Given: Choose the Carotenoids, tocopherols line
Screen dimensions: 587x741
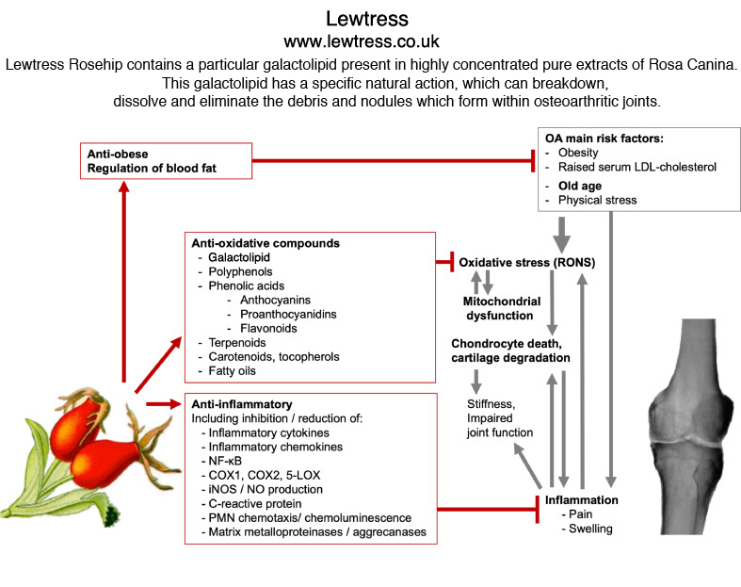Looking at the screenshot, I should (x=268, y=357).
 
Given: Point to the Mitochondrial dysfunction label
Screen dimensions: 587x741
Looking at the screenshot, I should (x=502, y=309).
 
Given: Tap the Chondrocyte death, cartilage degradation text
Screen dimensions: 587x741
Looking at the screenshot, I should (x=509, y=351).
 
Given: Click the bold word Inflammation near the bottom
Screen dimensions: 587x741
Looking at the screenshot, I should (x=581, y=499).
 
